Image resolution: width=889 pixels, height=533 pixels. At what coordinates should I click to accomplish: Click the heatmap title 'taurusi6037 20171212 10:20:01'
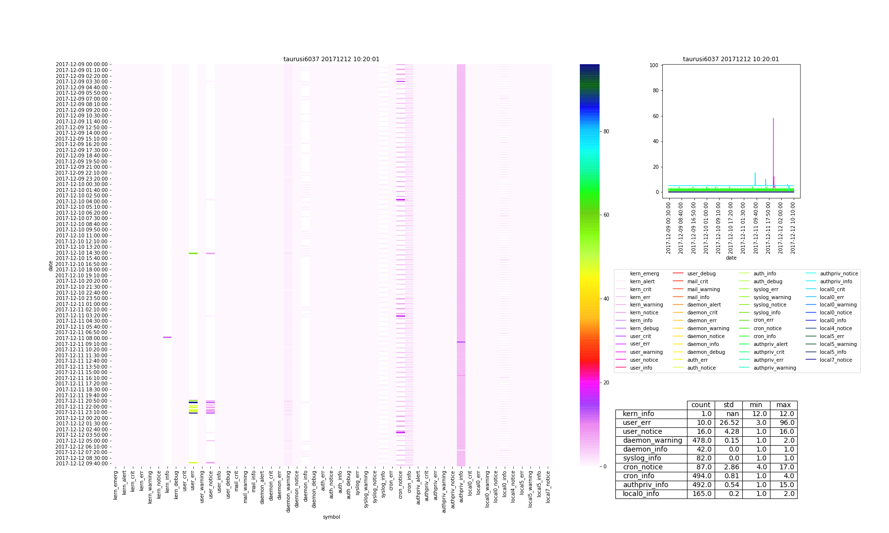point(331,59)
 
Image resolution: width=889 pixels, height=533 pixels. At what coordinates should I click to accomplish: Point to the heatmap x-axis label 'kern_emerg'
point(116,486)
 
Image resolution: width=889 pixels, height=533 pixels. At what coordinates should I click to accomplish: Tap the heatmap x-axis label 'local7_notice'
point(548,487)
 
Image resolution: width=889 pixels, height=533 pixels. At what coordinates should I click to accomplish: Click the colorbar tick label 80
point(606,131)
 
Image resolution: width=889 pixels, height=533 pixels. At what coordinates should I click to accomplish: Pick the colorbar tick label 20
point(606,382)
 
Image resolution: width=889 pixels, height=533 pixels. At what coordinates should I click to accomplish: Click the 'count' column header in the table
point(701,405)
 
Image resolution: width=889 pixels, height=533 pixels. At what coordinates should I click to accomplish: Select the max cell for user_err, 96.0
point(783,423)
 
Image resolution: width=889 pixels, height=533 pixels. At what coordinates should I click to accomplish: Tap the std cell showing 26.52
point(728,423)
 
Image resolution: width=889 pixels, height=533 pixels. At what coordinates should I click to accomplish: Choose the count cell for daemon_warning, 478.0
point(701,441)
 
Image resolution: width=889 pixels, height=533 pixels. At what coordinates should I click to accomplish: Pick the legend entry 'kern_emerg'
point(644,273)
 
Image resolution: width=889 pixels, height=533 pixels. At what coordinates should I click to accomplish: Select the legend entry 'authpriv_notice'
point(839,273)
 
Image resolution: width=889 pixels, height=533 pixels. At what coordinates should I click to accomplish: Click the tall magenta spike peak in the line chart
point(773,118)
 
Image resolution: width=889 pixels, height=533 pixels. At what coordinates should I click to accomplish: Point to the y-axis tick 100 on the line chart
point(654,65)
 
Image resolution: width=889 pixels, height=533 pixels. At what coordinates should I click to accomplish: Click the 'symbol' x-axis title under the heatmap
point(331,517)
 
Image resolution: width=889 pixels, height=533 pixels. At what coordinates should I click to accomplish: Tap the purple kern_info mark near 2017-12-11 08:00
point(167,338)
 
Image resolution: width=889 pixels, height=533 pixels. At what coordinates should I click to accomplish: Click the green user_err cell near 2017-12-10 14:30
point(193,254)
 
